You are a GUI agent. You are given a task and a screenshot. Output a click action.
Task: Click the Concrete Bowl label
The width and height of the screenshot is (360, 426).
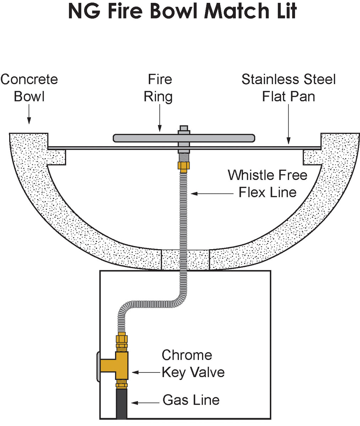click(x=29, y=87)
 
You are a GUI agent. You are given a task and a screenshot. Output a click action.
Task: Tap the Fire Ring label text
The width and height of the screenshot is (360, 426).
click(x=159, y=87)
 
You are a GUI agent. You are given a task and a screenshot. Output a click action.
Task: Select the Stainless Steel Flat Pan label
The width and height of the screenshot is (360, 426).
click(x=288, y=87)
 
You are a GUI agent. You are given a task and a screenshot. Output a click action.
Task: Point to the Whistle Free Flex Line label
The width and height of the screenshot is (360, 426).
click(x=267, y=183)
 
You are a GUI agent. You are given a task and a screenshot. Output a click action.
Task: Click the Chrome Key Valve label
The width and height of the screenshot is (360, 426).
click(x=193, y=364)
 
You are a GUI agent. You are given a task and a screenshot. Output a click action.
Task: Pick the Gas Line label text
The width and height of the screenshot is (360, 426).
click(x=191, y=400)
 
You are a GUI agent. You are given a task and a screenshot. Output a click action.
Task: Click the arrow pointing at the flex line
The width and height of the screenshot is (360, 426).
click(x=211, y=193)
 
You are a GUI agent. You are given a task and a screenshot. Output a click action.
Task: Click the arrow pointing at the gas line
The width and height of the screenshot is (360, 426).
click(x=146, y=402)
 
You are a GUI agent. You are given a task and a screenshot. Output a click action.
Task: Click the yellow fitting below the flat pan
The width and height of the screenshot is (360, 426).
click(x=184, y=166)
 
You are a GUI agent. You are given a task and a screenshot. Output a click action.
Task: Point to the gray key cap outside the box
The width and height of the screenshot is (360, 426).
click(x=98, y=366)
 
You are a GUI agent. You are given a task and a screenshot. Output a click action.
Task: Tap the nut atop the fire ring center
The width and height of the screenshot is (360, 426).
click(x=184, y=129)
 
